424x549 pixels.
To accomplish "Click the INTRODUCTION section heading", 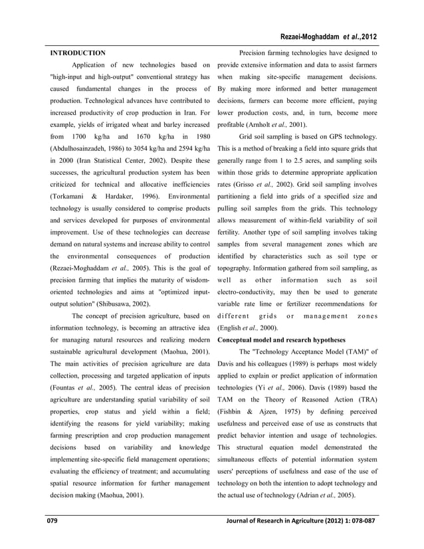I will (78, 52).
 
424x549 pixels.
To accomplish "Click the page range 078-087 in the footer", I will (363, 538).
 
